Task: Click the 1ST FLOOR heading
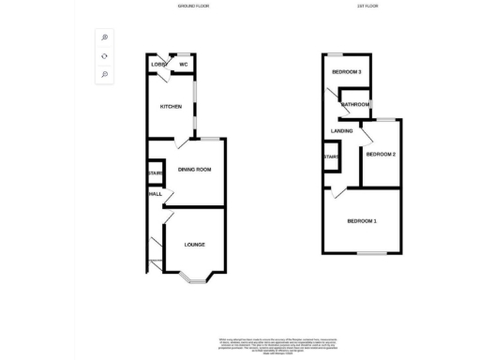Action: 367,6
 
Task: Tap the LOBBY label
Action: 157,65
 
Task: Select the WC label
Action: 184,65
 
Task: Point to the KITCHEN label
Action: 170,106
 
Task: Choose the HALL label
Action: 155,194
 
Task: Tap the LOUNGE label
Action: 194,245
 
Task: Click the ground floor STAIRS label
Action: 155,173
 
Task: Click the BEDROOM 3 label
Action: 347,72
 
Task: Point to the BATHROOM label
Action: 355,104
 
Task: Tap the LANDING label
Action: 341,130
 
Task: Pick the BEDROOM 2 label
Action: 380,154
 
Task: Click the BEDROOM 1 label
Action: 362,221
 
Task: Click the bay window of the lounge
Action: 194,277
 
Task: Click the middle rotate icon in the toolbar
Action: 105,56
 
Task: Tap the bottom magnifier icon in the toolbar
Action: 105,75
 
